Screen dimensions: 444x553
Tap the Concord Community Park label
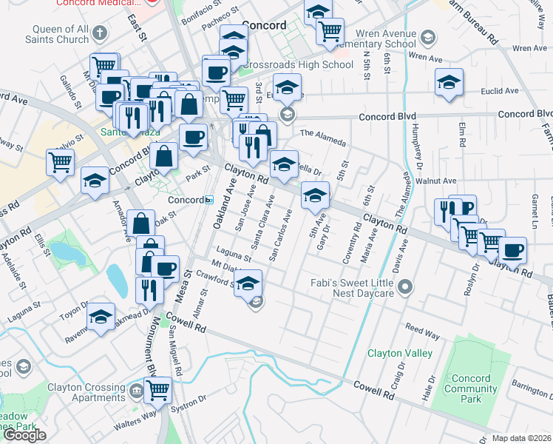(x=472, y=388)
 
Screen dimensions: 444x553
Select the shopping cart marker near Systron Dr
(x=157, y=390)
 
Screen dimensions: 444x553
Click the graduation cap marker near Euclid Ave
(x=449, y=82)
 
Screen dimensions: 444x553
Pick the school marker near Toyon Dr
(x=101, y=316)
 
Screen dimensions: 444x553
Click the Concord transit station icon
(x=209, y=200)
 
